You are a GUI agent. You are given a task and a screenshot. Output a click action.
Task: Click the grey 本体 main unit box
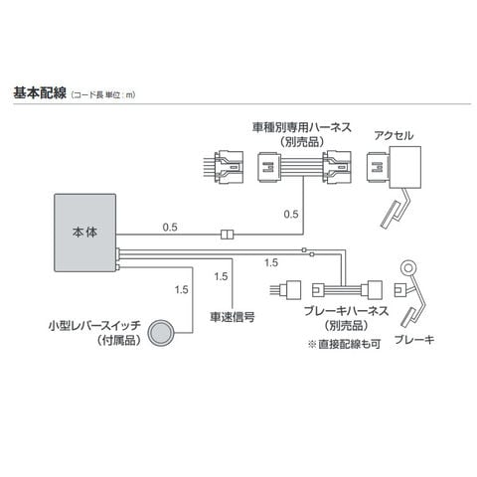(x=85, y=233)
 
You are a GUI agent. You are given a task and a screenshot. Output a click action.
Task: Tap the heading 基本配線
(x=40, y=92)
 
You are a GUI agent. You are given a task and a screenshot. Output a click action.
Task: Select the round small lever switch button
(x=160, y=333)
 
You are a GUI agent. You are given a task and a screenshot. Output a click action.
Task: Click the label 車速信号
(x=233, y=317)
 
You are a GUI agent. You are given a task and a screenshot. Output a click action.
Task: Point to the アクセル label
(x=394, y=136)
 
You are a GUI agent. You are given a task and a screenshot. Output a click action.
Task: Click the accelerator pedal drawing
(x=396, y=210)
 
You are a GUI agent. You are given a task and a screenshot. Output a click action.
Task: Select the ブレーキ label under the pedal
(x=414, y=340)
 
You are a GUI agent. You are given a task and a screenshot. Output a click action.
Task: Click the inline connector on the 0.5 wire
(x=227, y=235)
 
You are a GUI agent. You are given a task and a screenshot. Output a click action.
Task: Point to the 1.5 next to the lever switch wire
(x=182, y=290)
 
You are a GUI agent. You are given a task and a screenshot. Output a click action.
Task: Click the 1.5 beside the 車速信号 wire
(x=221, y=276)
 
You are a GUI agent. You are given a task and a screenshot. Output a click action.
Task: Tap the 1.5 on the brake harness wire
(x=271, y=262)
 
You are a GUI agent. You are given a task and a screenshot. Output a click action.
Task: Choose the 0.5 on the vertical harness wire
(x=291, y=214)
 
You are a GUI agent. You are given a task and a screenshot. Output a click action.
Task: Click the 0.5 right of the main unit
(x=170, y=228)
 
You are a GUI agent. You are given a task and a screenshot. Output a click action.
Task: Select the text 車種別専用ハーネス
(x=302, y=127)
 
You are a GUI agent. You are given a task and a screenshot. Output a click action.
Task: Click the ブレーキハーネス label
(x=346, y=311)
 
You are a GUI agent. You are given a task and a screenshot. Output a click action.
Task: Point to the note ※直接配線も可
(x=345, y=345)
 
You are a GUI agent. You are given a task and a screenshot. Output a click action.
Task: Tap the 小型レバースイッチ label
(x=95, y=326)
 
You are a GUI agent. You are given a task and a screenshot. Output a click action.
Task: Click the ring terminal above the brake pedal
(x=408, y=267)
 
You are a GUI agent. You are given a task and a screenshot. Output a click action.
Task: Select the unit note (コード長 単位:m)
(x=103, y=95)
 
